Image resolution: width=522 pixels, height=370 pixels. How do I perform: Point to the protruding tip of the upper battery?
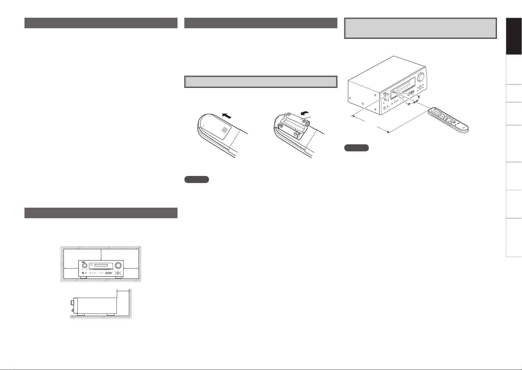[308, 123]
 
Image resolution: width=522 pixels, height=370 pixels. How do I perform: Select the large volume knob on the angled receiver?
[421, 76]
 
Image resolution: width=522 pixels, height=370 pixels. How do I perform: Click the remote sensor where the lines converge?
[393, 92]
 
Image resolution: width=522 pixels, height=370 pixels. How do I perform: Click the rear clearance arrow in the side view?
[123, 291]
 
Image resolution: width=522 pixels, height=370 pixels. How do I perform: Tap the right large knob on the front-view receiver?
[118, 266]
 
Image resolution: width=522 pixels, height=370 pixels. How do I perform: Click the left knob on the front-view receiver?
[84, 266]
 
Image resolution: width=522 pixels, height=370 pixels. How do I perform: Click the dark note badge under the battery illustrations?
[196, 179]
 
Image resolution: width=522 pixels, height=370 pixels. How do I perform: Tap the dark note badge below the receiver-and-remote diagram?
[356, 148]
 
